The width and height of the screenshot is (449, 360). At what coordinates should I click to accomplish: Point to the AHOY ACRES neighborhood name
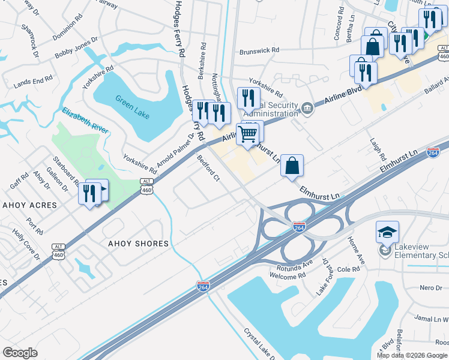point(29,205)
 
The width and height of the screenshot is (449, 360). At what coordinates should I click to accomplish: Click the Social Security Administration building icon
point(307,107)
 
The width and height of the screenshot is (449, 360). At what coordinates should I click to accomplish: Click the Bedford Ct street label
point(208,168)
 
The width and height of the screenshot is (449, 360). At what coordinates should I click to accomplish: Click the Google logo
point(20,353)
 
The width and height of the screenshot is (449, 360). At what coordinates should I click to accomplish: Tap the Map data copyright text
point(412,355)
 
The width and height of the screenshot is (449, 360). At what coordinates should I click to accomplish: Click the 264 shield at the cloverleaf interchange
point(299,227)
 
